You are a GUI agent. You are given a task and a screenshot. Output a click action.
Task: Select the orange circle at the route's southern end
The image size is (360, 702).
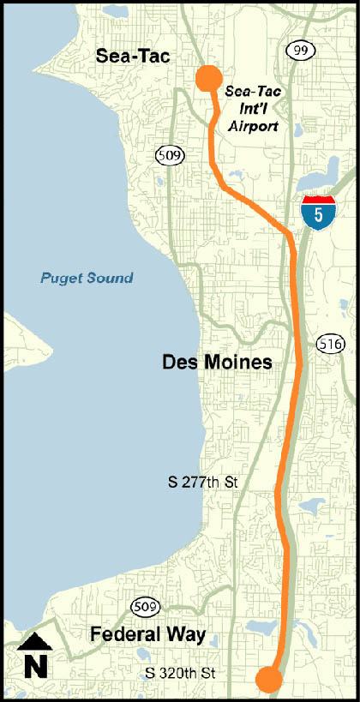269,681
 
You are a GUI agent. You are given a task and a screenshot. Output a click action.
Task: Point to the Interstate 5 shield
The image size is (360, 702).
318,212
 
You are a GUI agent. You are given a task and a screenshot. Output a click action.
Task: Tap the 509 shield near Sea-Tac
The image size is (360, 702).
168,155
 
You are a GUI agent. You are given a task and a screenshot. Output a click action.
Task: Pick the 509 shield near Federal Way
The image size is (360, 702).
144,607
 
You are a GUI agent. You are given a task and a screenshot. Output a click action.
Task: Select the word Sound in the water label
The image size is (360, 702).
111,278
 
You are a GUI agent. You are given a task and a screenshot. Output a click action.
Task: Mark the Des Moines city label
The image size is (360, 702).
217,363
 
